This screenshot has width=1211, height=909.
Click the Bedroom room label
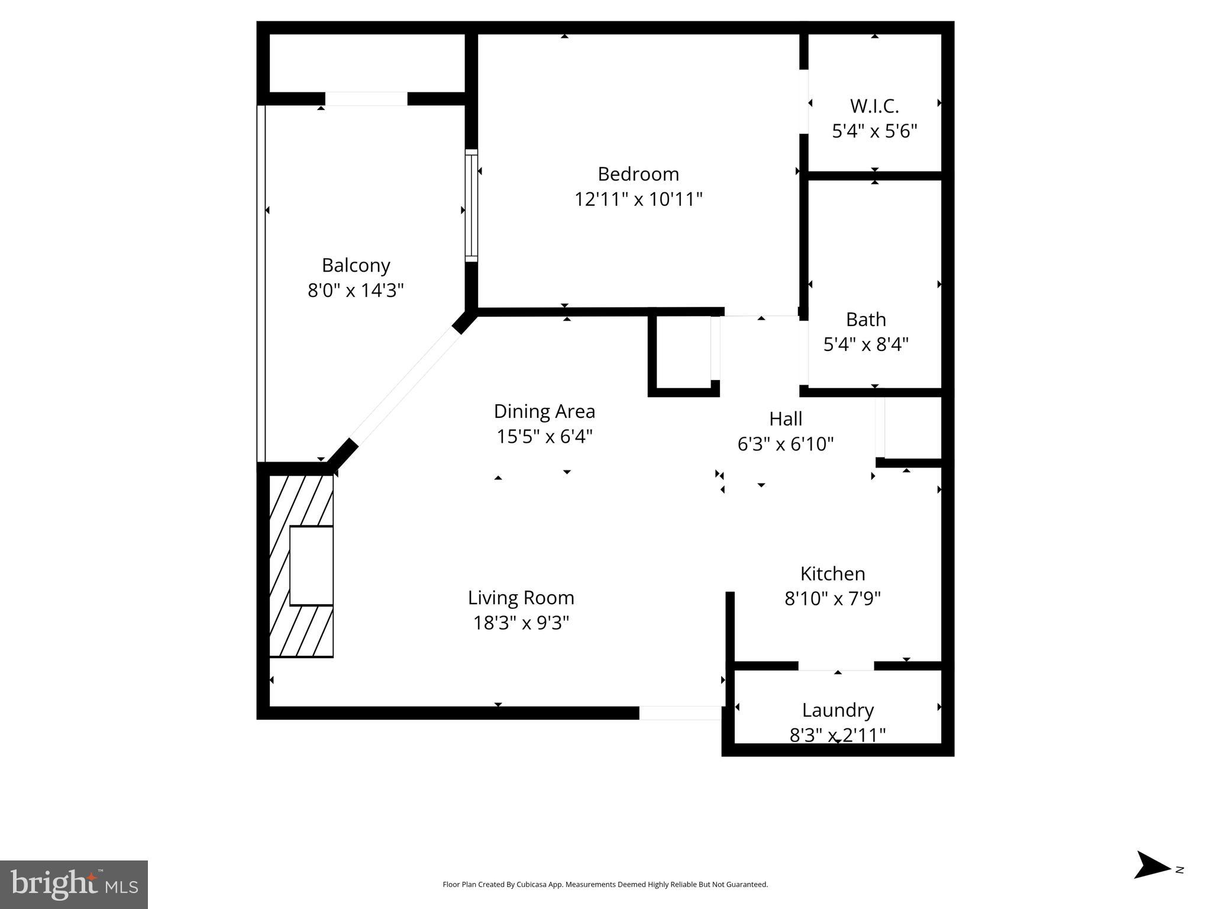[x=638, y=174]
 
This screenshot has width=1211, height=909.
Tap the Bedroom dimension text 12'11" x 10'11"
[x=638, y=199]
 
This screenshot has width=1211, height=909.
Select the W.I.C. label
[x=874, y=106]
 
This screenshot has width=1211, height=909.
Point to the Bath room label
[x=866, y=320]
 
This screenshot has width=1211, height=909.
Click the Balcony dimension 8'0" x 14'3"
[x=356, y=291]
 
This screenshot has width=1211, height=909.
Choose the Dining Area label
[x=544, y=411]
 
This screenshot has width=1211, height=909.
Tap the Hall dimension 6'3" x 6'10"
[x=785, y=444]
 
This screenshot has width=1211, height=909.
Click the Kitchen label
[x=832, y=573]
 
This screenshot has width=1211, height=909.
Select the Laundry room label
[x=837, y=710]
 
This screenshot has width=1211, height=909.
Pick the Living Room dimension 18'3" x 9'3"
[x=521, y=623]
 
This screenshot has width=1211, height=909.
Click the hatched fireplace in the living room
[x=302, y=565]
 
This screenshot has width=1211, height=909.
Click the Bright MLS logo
[x=74, y=884]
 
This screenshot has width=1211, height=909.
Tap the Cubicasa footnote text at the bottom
[x=605, y=885]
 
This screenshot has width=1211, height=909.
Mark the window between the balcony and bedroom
[x=471, y=205]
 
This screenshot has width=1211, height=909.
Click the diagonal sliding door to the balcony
[x=406, y=388]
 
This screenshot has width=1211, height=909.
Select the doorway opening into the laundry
[x=836, y=666]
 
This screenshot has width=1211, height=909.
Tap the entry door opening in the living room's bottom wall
[x=680, y=713]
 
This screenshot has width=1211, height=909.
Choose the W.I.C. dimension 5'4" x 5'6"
[x=874, y=131]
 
